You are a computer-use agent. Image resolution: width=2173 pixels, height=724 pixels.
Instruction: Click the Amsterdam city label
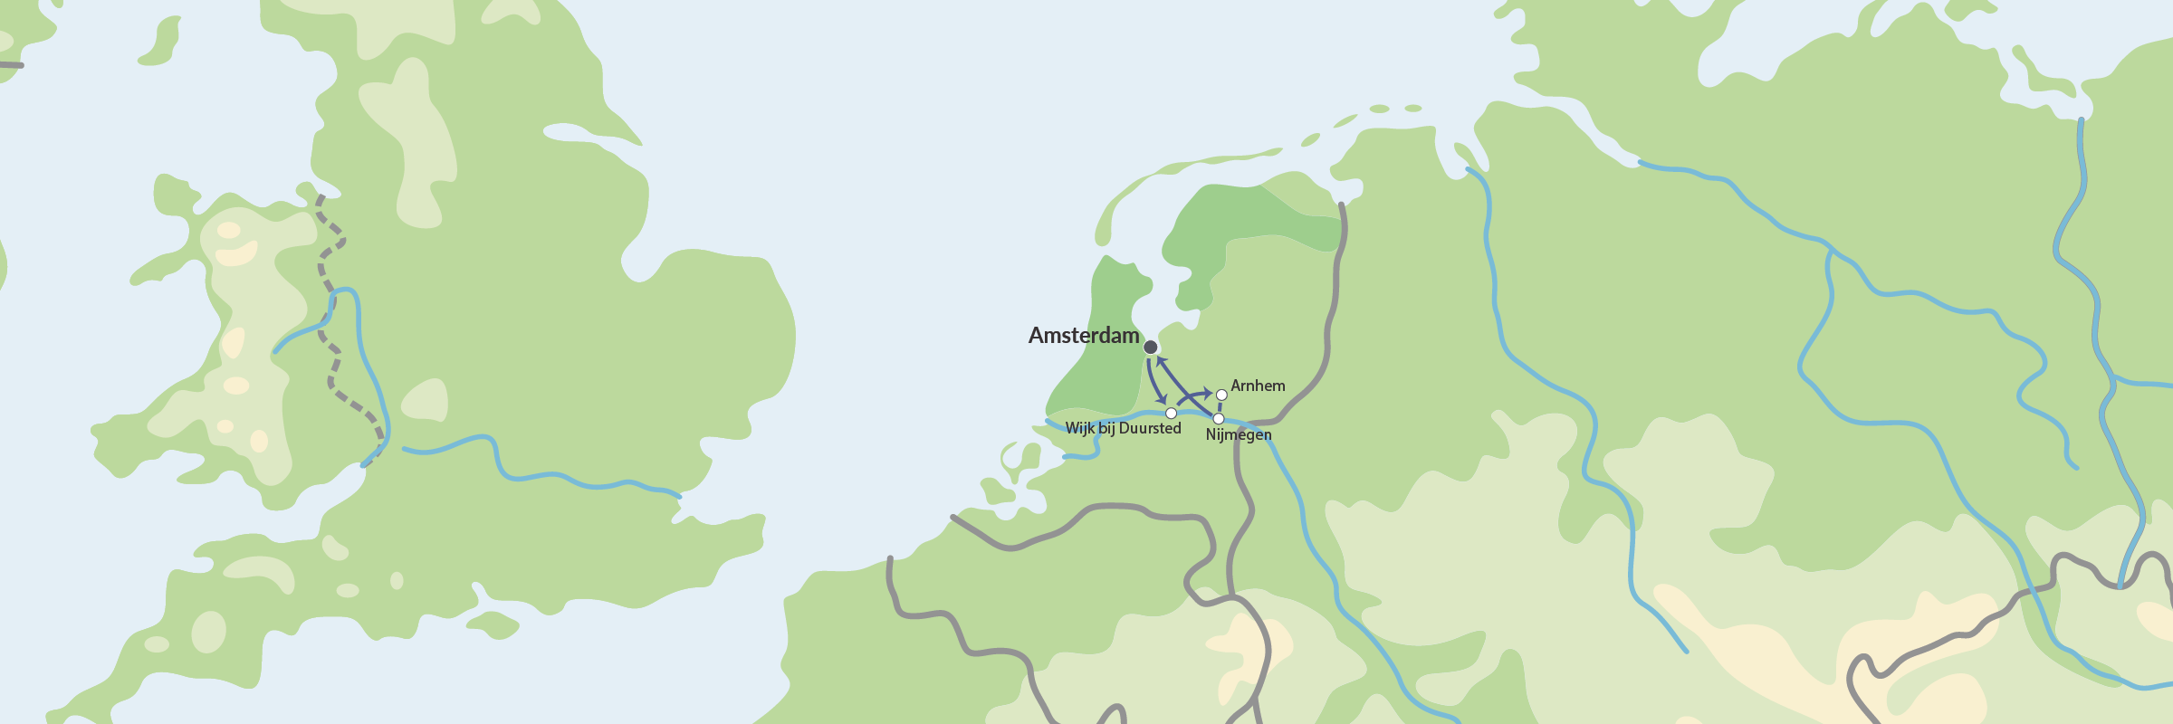coord(1084,336)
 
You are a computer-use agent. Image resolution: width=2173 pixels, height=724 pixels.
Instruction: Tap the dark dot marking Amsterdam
coord(1151,348)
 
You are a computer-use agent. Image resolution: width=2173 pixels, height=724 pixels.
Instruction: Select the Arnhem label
coord(1258,386)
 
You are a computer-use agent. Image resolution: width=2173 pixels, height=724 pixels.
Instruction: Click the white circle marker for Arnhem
coord(1221,395)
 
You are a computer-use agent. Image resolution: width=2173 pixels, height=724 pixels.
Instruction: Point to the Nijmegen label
coord(1239,434)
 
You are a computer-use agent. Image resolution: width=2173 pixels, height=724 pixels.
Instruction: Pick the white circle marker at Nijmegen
coord(1219,419)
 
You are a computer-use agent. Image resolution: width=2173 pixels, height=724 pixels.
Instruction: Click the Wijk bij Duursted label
coord(1123,428)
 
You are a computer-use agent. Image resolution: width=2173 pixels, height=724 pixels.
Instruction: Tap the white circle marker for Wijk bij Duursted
coord(1171,414)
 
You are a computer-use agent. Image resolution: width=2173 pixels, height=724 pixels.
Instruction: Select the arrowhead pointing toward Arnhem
coord(1207,393)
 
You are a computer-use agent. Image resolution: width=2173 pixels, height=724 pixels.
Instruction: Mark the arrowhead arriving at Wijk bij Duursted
coord(1163,400)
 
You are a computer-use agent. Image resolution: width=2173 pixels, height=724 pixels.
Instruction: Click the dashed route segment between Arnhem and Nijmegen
coord(1221,407)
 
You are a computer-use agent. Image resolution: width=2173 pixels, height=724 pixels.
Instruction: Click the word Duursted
coord(1150,428)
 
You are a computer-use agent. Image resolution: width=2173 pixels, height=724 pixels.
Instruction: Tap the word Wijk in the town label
coord(1079,428)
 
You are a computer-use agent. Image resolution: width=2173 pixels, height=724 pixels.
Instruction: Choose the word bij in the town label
coord(1106,428)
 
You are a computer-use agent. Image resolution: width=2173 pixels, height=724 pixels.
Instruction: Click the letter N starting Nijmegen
coord(1211,434)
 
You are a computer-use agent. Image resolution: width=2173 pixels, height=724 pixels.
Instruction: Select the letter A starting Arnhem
coord(1236,386)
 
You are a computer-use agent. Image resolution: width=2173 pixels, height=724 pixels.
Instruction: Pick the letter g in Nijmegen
coord(1244,436)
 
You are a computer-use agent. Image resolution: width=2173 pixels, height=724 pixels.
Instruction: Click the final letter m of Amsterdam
coord(1130,336)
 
